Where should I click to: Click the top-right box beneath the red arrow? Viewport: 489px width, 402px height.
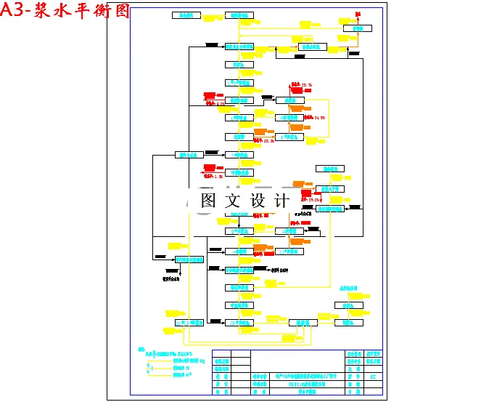click(x=357, y=29)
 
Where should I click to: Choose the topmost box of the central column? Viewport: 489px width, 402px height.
click(x=239, y=15)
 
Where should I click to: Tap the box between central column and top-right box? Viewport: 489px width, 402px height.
click(x=312, y=47)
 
